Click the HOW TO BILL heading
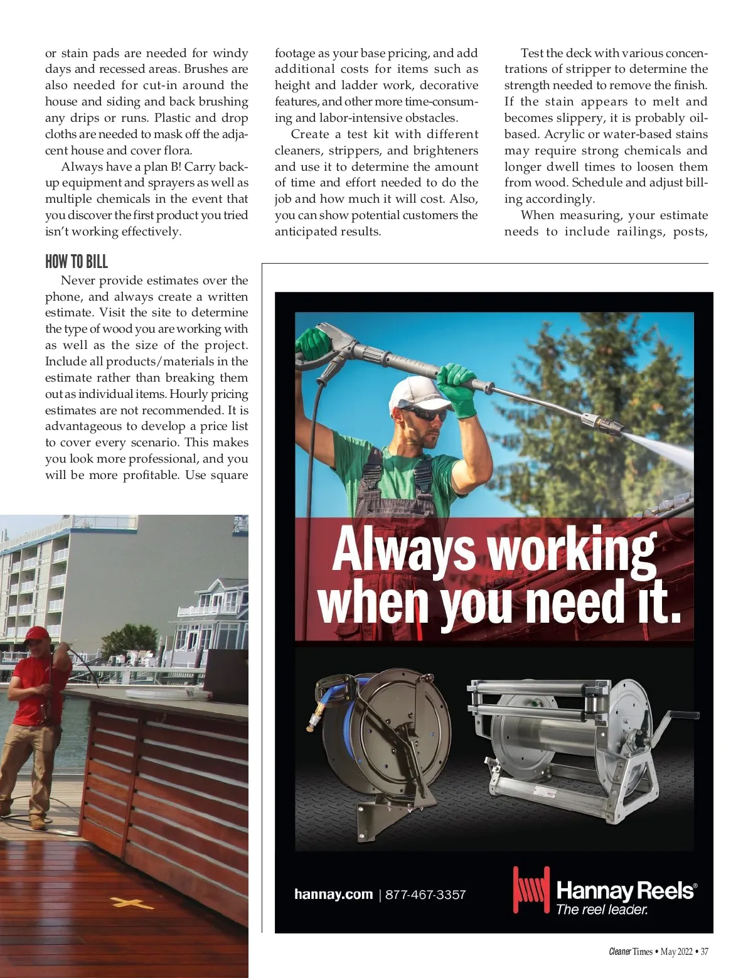click(x=77, y=262)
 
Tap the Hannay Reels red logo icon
click(x=531, y=889)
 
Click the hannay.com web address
click(x=333, y=894)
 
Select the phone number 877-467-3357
click(x=425, y=895)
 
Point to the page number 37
click(x=704, y=952)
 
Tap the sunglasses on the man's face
click(x=425, y=414)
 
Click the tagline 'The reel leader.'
click(x=602, y=910)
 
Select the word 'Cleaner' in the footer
click(x=619, y=952)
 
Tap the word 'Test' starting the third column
click(x=532, y=53)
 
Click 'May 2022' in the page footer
click(x=676, y=952)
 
